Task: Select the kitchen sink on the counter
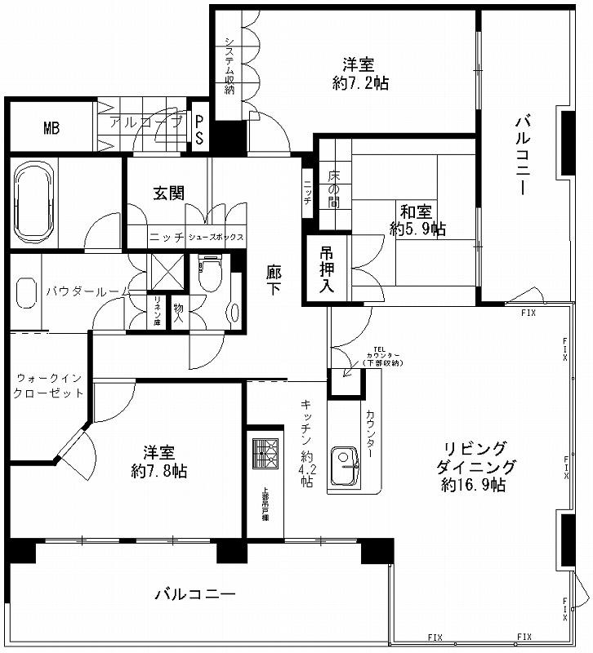coord(342,468)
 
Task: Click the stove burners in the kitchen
coord(265,452)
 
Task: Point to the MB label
coord(51,128)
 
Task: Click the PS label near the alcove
coord(199,129)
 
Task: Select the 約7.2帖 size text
coord(360,82)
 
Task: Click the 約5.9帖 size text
coord(418,229)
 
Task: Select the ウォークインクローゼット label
coord(49,385)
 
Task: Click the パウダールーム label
coord(86,290)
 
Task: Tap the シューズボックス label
coord(216,237)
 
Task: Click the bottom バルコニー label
coord(195,593)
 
